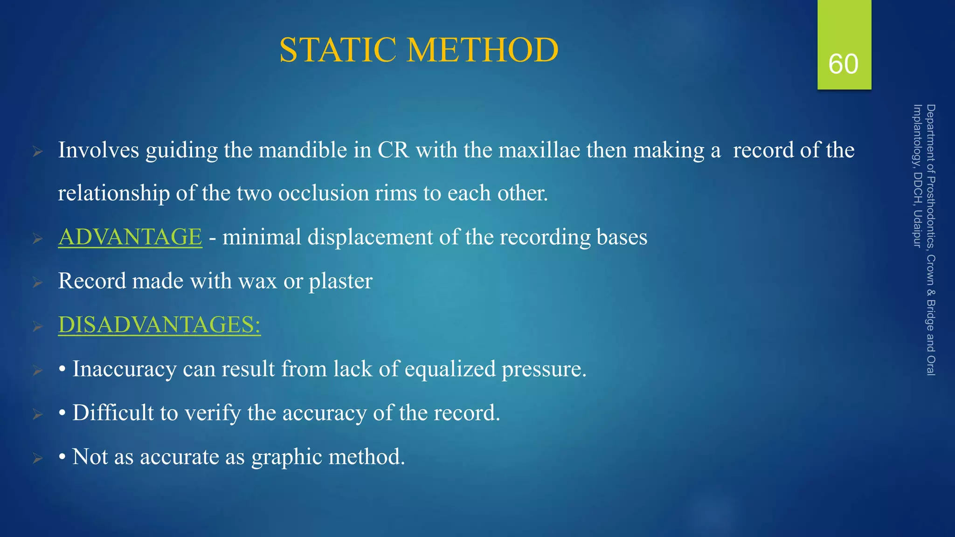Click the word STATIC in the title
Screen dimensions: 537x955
(x=339, y=50)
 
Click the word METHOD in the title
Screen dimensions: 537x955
(x=483, y=50)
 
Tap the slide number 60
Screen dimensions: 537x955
(x=843, y=64)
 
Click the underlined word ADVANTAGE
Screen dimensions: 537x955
(x=130, y=236)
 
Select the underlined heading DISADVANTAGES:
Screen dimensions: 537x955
(x=159, y=324)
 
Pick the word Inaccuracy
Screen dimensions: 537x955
(x=125, y=369)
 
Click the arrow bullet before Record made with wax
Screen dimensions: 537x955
(x=38, y=282)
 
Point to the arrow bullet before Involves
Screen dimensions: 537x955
(x=38, y=151)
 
